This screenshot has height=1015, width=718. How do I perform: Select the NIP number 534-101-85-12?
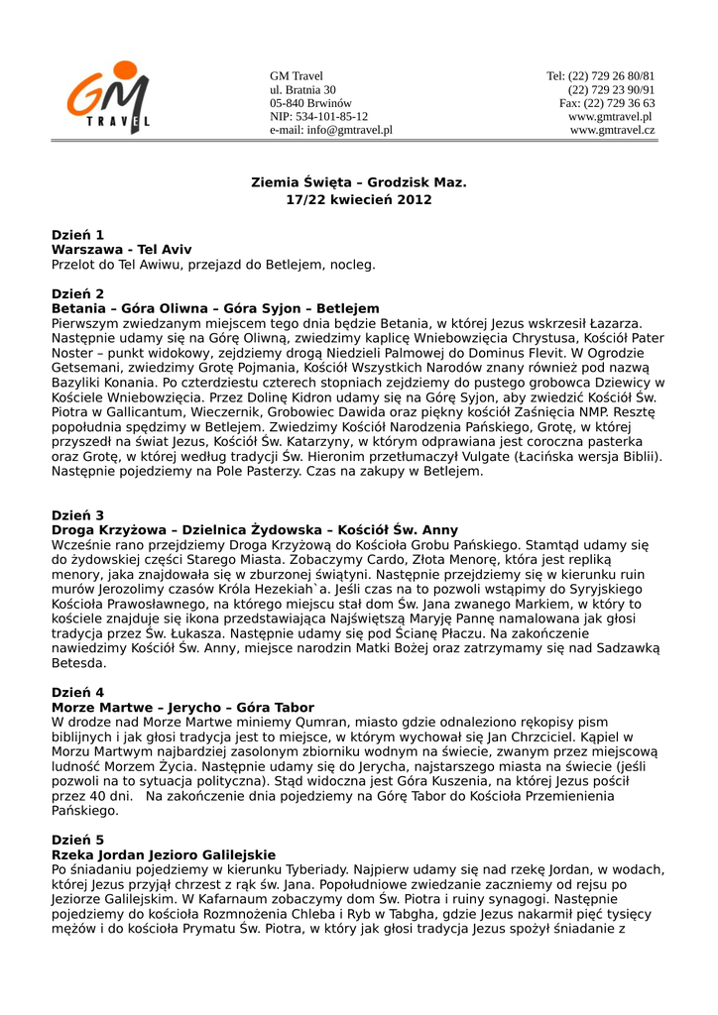pos(318,116)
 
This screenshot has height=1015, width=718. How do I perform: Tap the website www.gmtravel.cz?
pos(612,130)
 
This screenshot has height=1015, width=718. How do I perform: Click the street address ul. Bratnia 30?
pos(302,90)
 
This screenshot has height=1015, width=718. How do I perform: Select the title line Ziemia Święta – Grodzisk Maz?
pos(358,183)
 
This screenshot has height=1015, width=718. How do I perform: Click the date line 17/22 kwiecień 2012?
pos(358,200)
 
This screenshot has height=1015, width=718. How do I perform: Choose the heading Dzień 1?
pos(77,235)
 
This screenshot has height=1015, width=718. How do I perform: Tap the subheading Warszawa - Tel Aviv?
pos(121,250)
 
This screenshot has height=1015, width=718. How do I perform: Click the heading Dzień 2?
pos(77,294)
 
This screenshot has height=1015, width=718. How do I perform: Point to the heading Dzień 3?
pos(77,515)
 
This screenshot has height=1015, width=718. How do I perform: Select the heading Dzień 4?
pos(77,692)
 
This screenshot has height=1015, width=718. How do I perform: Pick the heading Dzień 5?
pos(77,840)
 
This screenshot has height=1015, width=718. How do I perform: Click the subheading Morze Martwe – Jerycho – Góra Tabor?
pos(182,708)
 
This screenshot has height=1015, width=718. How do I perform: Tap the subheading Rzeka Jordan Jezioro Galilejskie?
pos(164,854)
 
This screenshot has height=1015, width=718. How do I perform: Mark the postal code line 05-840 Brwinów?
pos(310,103)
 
